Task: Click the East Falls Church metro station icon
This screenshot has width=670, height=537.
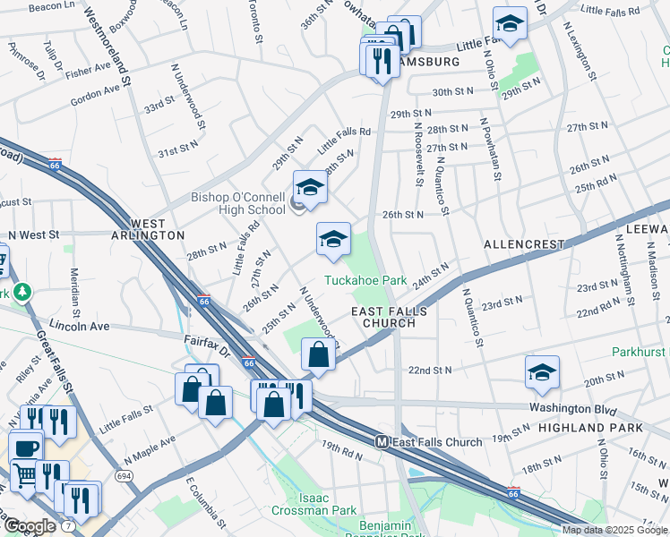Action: click(x=382, y=442)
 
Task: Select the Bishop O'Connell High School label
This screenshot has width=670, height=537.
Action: click(x=237, y=203)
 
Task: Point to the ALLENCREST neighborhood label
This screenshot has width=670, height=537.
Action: click(x=524, y=243)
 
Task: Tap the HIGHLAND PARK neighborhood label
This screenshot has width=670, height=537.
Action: click(x=590, y=428)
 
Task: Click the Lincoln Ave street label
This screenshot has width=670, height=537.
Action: click(x=79, y=326)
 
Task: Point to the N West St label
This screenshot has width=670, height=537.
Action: click(x=33, y=234)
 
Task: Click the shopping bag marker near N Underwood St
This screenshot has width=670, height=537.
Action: click(x=318, y=354)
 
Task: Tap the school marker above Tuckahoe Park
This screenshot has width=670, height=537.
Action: click(x=333, y=239)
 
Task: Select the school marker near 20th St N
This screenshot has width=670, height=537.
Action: click(x=542, y=372)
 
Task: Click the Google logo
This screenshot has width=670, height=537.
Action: click(x=30, y=526)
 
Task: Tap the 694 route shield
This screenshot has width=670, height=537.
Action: click(x=125, y=476)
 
